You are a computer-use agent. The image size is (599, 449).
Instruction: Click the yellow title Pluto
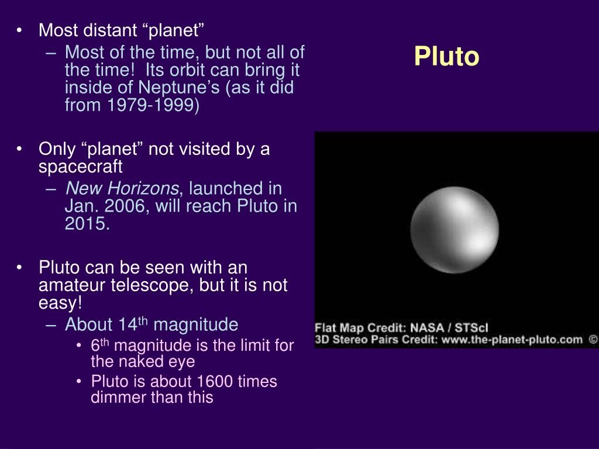pyautogui.click(x=446, y=57)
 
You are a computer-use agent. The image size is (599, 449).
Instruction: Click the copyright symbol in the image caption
pyautogui.click(x=592, y=339)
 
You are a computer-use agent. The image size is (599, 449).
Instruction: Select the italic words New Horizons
pyautogui.click(x=122, y=188)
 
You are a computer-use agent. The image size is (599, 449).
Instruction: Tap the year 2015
pyautogui.click(x=87, y=224)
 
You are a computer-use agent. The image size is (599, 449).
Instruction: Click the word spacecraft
pyautogui.click(x=81, y=167)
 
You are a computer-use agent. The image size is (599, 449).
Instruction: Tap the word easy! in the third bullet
pyautogui.click(x=60, y=304)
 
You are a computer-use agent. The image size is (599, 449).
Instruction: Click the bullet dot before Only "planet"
pyautogui.click(x=20, y=149)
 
